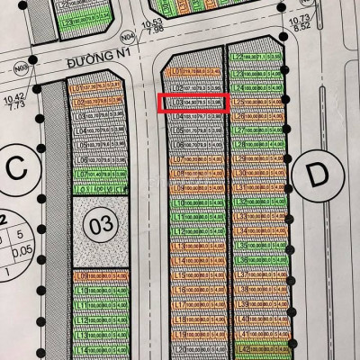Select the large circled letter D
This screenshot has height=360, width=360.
point(315,177)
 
